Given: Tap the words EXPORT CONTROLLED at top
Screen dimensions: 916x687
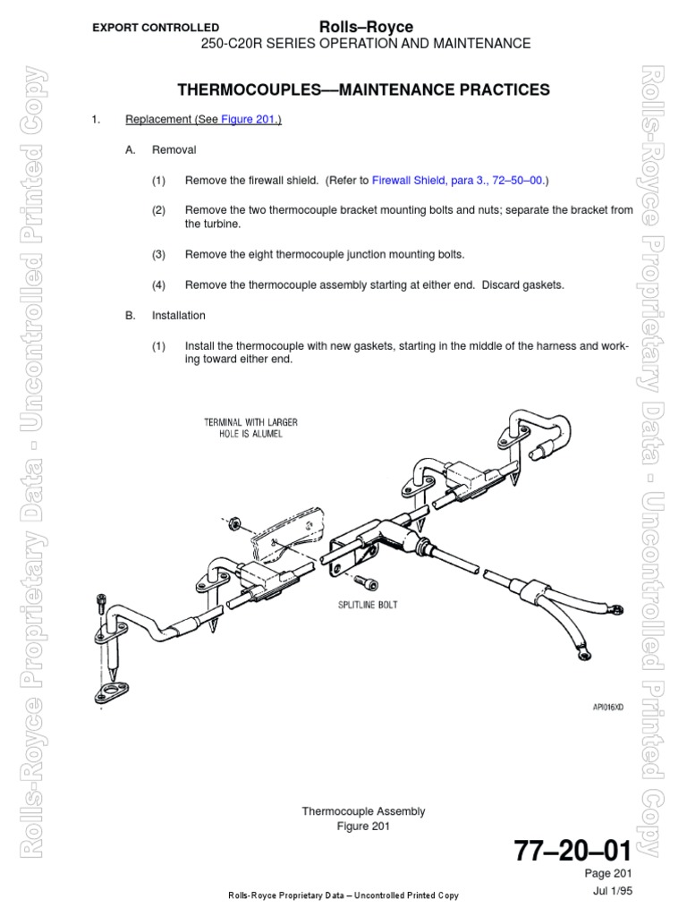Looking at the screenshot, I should click(156, 28).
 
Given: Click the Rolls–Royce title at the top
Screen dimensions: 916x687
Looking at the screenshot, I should click(366, 28).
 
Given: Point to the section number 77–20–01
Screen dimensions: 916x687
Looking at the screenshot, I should click(572, 850).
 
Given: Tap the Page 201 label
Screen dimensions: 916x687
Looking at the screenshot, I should click(610, 873).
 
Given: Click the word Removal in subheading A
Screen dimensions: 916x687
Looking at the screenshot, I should click(174, 150).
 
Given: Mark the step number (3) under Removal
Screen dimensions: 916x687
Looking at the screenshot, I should click(159, 254).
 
